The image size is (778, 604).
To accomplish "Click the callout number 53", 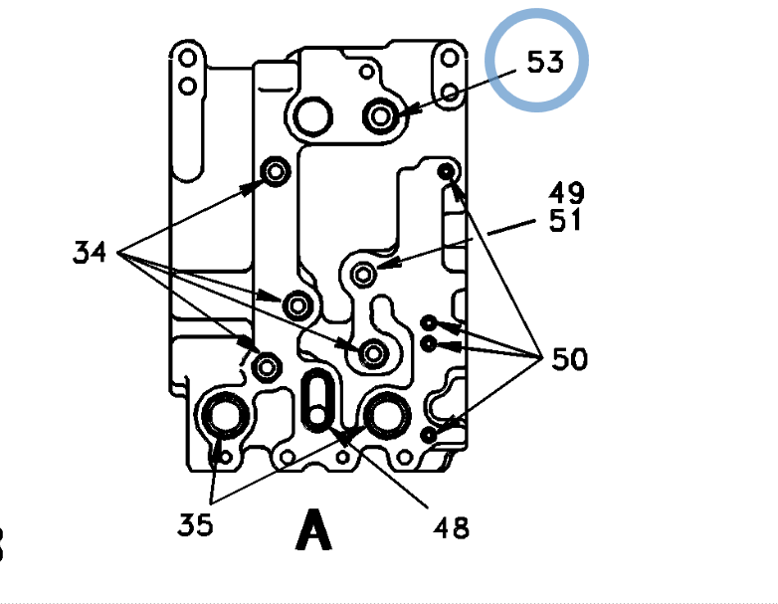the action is (x=545, y=62).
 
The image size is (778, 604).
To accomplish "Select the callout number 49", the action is (x=567, y=193).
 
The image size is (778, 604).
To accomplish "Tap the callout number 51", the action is (x=565, y=220).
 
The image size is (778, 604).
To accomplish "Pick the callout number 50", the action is (x=570, y=359).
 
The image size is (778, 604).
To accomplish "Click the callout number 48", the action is (x=451, y=527).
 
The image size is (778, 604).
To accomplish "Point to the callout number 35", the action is (x=195, y=524).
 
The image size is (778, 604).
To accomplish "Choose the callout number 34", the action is (x=90, y=252).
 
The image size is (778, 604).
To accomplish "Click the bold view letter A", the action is (x=313, y=529).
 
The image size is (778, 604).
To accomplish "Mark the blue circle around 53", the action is (x=537, y=11).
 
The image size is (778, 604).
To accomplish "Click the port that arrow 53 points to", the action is (x=381, y=116).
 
